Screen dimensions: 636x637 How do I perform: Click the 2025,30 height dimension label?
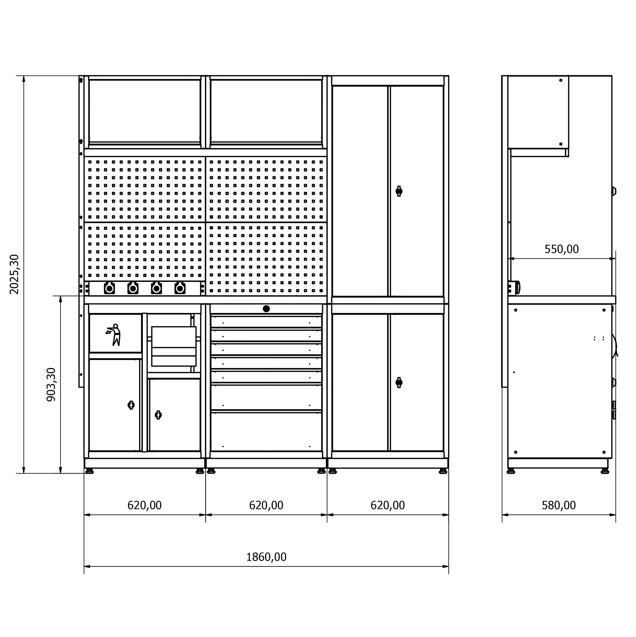point(15,274)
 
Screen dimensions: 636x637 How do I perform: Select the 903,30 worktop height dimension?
point(51,385)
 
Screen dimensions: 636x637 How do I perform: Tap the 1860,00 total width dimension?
point(266,557)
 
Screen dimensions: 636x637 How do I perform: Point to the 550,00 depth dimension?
point(561,249)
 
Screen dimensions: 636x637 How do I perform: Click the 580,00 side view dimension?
point(559,505)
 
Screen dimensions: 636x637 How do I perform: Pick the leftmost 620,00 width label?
point(145,505)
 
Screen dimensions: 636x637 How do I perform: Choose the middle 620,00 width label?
point(266,505)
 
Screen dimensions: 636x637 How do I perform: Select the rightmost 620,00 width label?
point(388,505)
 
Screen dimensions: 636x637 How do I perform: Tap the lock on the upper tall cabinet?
point(399,191)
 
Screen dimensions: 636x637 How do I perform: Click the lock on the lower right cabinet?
point(399,382)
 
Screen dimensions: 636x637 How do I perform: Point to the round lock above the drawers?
point(266,309)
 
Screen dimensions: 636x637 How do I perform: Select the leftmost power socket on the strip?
point(109,288)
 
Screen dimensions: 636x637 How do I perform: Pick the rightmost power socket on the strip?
point(180,288)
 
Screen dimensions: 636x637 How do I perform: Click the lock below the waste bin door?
point(131,405)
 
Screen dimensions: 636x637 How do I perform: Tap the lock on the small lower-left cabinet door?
point(158,415)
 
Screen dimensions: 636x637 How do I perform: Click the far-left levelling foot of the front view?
point(89,471)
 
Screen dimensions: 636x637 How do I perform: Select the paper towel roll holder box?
point(174,346)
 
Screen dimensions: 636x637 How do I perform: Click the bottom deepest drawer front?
point(266,432)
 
